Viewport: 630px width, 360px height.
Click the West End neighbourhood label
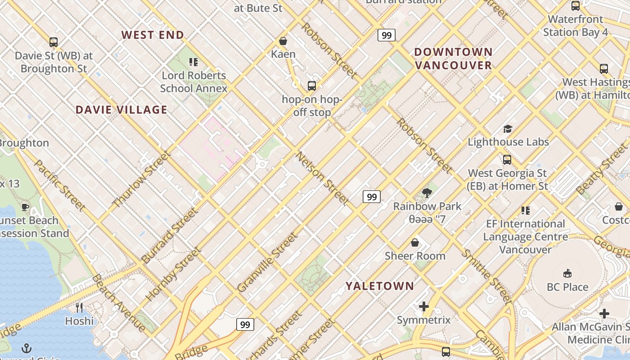[x=153, y=35]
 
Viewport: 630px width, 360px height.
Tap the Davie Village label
[x=121, y=110]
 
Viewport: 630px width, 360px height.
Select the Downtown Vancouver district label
[x=453, y=58]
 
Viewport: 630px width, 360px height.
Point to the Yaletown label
[x=380, y=286]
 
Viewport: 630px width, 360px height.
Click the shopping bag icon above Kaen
[x=283, y=41]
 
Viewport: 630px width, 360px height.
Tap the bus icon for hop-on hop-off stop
[x=311, y=85]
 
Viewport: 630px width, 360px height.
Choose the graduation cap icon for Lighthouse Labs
[x=508, y=129]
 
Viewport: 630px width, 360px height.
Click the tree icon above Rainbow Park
[x=427, y=193]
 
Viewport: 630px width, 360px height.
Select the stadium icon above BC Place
[x=567, y=274]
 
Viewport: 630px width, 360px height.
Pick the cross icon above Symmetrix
[x=423, y=307]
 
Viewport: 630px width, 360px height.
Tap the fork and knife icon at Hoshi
[x=79, y=308]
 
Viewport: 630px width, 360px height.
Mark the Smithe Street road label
[x=487, y=276]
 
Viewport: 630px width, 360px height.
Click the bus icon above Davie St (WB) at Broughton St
[x=54, y=42]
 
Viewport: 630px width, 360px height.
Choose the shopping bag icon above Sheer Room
[x=415, y=243]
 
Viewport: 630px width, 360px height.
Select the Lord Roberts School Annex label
[x=193, y=82]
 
